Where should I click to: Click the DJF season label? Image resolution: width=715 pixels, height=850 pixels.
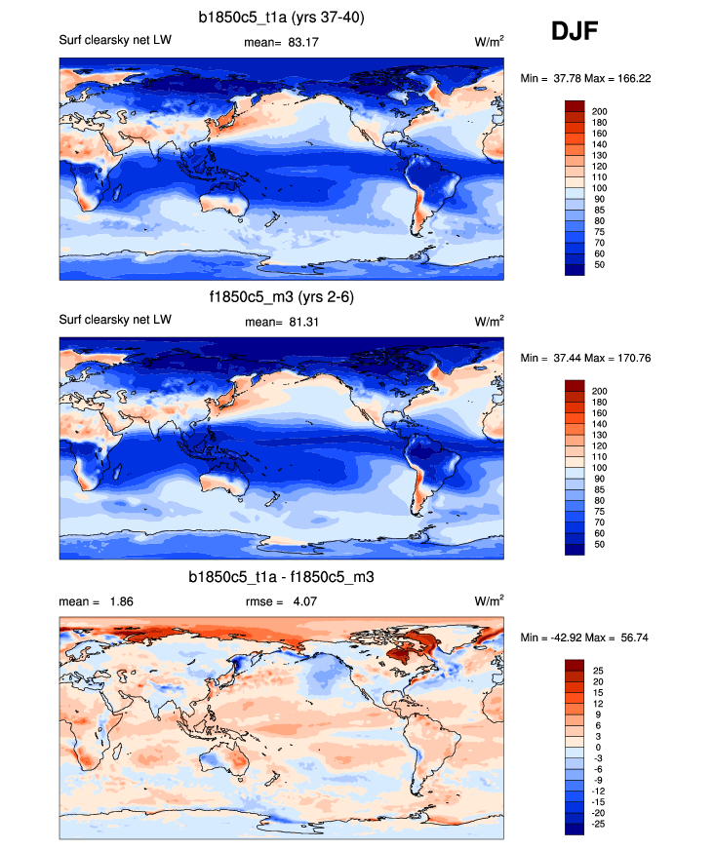[575, 32]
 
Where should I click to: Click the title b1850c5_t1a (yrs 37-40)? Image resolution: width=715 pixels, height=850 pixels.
[282, 17]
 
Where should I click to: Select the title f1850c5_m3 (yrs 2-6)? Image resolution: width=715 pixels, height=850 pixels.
[282, 297]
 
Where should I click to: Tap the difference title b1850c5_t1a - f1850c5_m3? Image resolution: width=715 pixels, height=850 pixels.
[282, 578]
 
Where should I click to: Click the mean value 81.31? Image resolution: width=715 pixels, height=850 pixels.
[294, 323]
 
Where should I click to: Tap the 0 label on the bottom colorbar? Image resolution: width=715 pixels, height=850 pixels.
[595, 747]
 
